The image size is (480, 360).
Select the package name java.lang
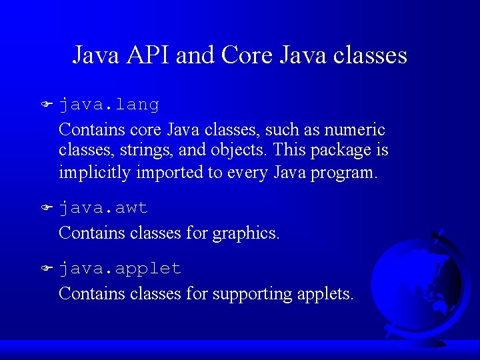(x=109, y=105)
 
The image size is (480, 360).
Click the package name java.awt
(x=103, y=208)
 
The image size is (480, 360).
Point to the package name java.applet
(x=120, y=269)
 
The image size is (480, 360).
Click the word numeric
(x=358, y=129)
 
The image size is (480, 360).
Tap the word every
(x=248, y=173)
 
